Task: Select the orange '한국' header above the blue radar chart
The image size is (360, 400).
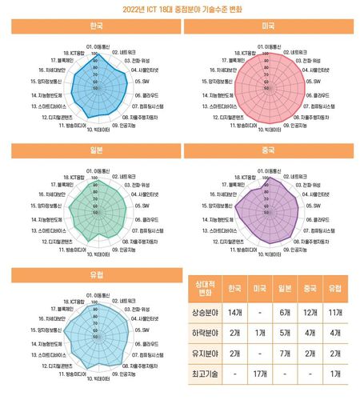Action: pos(95,26)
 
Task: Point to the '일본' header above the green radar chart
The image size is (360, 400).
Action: pos(95,148)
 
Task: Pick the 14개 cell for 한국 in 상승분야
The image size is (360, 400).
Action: pos(234,312)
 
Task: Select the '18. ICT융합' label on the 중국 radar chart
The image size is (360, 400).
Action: pos(245,175)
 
